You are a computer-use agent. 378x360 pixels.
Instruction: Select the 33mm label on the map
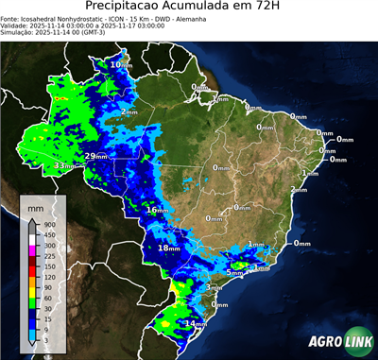(x=64, y=165)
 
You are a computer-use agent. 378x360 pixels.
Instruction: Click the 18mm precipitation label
(x=167, y=248)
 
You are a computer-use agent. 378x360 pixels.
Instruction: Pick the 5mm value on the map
(x=233, y=272)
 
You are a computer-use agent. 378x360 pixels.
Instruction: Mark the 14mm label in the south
(x=195, y=324)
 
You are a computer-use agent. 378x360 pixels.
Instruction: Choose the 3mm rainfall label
(x=213, y=286)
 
